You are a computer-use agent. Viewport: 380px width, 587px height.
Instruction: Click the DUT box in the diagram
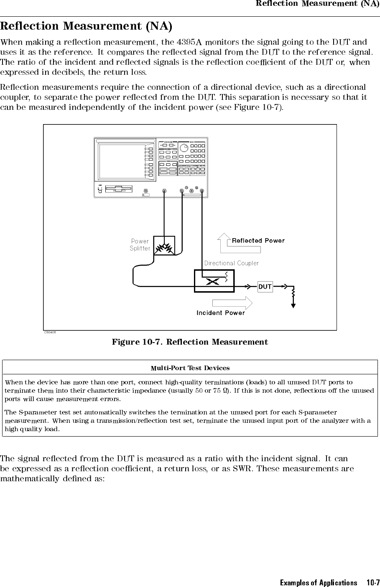pos(265,287)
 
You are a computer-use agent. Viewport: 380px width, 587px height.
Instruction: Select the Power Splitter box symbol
pos(164,246)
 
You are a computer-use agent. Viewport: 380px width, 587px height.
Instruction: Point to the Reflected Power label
pos(258,241)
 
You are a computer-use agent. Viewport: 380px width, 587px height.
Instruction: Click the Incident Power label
pos(221,313)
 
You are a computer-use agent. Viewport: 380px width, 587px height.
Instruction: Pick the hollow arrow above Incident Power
pos(232,303)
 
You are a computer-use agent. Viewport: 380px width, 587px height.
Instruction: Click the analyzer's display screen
pos(122,161)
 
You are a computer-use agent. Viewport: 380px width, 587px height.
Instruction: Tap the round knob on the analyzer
pos(184,148)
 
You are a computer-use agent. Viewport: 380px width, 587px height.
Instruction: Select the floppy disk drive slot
pos(119,189)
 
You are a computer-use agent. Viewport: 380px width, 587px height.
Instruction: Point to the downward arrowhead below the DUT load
pos(293,305)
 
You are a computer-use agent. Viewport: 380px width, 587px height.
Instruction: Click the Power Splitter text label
pos(140,244)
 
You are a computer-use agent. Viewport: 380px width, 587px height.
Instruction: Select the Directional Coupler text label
pos(231,263)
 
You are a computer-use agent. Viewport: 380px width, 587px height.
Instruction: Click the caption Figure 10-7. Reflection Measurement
pos(190,342)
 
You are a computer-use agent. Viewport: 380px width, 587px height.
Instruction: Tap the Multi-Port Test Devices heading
pos(190,368)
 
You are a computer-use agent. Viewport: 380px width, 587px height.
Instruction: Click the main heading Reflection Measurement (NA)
pos(86,26)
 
